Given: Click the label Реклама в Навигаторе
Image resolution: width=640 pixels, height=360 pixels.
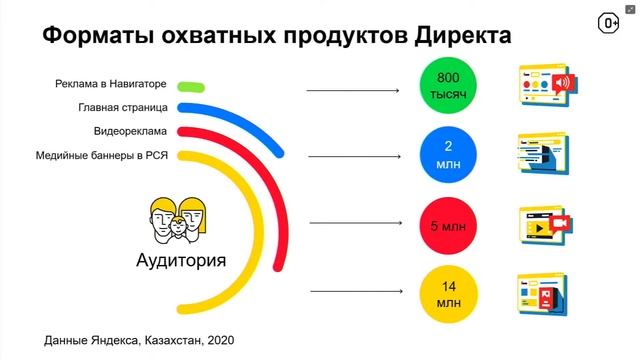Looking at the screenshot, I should coord(111,84).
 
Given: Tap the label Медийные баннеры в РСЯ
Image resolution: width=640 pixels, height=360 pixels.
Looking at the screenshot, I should coord(101,155).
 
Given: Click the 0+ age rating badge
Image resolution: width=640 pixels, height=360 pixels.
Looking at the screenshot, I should coord(608,23).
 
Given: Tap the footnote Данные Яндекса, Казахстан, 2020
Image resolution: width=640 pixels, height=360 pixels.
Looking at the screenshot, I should coord(140,340).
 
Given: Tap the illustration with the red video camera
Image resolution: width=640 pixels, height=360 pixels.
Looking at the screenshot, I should coord(546,226).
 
